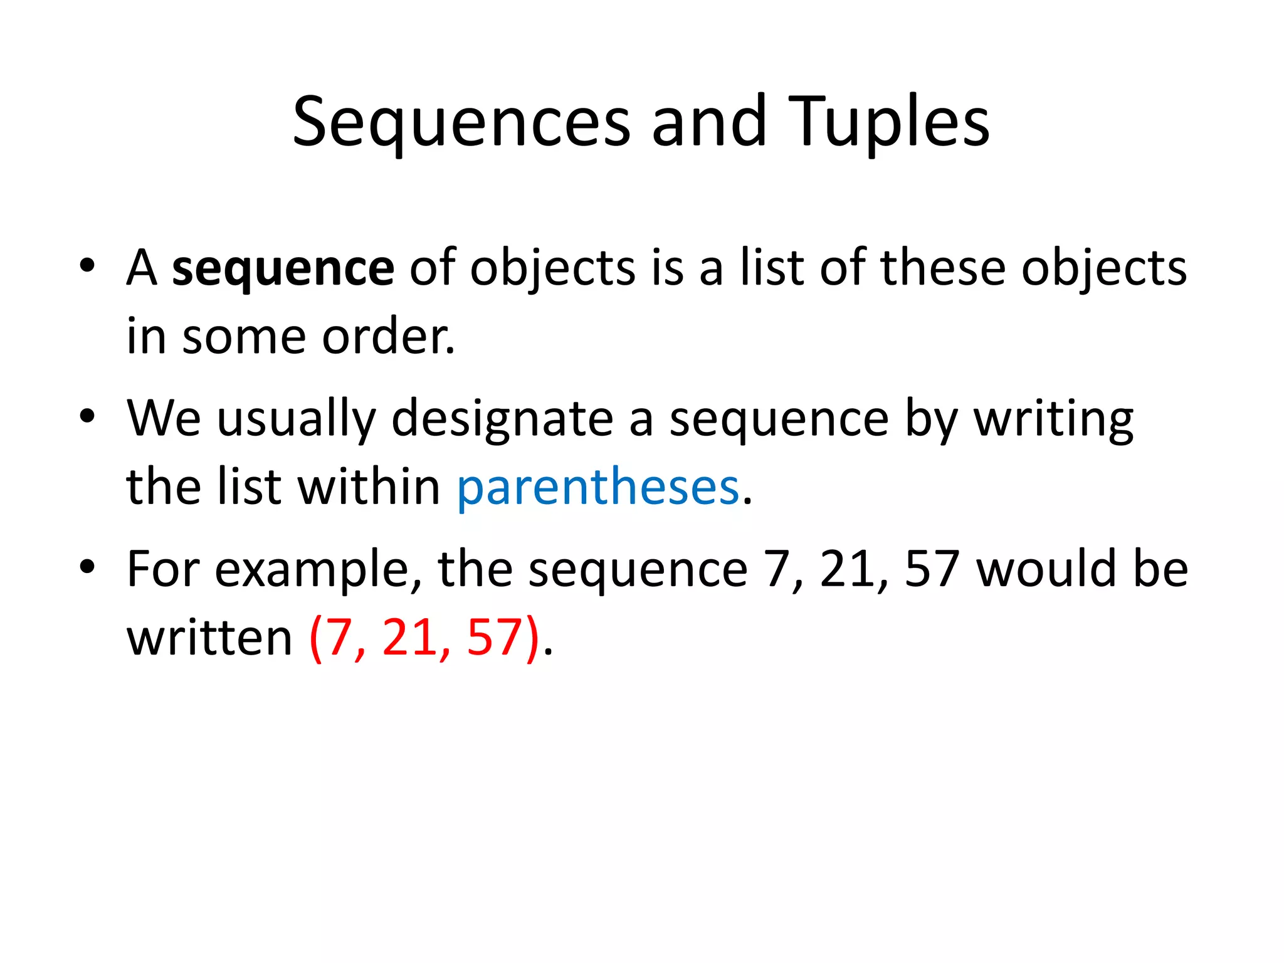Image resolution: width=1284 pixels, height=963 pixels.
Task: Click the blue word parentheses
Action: click(598, 487)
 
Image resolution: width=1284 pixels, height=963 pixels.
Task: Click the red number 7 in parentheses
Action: click(340, 638)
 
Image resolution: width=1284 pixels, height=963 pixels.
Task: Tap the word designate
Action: click(502, 419)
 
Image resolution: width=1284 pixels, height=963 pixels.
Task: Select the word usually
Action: click(296, 419)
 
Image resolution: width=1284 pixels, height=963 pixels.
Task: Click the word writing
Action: click(1053, 419)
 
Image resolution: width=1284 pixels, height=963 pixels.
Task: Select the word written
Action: click(209, 638)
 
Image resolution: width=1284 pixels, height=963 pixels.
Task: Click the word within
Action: click(369, 487)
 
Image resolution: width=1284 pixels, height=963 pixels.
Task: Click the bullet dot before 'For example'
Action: click(87, 566)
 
